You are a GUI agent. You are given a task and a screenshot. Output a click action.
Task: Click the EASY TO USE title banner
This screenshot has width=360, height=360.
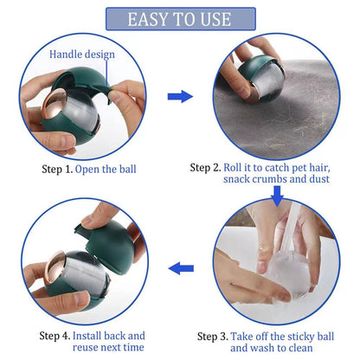(x=180, y=19)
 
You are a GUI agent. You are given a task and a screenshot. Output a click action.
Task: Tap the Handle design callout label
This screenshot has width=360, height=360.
(x=82, y=54)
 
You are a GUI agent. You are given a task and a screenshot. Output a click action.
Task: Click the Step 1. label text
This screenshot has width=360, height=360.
(x=55, y=168)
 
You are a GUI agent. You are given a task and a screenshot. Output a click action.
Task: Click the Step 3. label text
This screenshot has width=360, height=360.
(x=212, y=336)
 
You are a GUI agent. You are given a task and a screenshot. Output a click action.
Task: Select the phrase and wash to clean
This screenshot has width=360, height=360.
(x=270, y=348)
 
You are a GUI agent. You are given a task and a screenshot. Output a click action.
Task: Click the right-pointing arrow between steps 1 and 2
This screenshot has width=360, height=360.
(x=179, y=95)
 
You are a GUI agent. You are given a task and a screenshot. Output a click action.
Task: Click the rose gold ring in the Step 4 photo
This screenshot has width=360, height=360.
(x=53, y=268)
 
